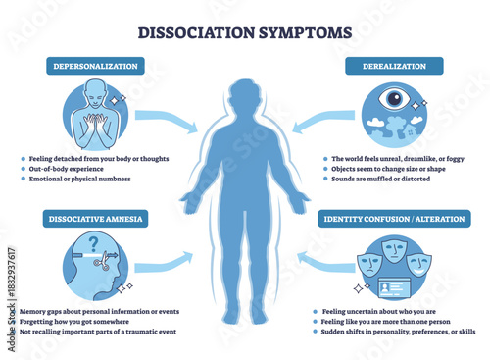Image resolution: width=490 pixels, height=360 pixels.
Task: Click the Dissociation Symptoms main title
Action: click(245, 30)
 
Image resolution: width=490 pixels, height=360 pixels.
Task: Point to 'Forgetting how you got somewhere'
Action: click(80, 321)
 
